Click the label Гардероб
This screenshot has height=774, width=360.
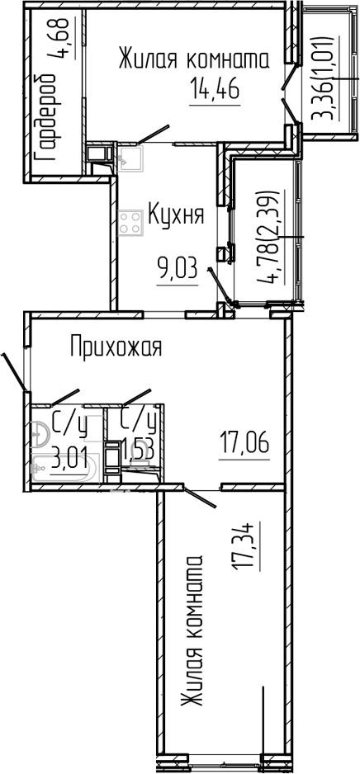(46, 117)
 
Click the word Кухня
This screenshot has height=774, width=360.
(176, 216)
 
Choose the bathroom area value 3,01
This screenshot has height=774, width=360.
(69, 456)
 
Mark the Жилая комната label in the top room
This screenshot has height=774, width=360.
(193, 60)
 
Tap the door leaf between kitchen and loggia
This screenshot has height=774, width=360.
(220, 286)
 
